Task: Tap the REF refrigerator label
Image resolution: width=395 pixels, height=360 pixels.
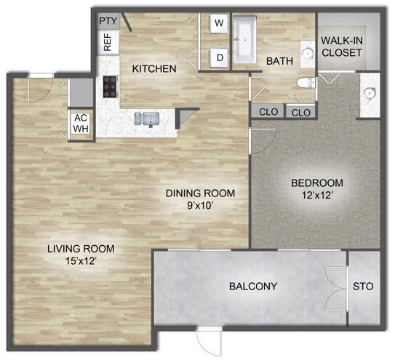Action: pyautogui.click(x=107, y=42)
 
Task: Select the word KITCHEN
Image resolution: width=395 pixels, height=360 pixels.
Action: pyautogui.click(x=154, y=69)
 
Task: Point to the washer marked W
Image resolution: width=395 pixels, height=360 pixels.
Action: pyautogui.click(x=218, y=23)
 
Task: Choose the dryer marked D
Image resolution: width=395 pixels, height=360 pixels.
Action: pyautogui.click(x=218, y=57)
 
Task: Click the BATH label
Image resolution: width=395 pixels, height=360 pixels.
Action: pyautogui.click(x=278, y=62)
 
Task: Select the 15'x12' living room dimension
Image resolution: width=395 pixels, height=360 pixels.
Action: pyautogui.click(x=81, y=260)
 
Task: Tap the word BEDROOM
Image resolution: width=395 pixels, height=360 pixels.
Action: pyautogui.click(x=316, y=183)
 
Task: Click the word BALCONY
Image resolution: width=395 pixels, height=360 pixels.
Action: pyautogui.click(x=252, y=287)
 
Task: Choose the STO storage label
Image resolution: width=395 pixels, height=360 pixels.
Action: pyautogui.click(x=363, y=287)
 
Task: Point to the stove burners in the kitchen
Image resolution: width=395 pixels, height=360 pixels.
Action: pyautogui.click(x=111, y=87)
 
